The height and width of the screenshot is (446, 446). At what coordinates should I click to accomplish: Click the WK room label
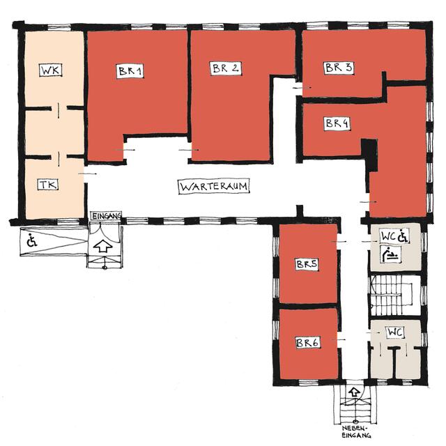(51, 70)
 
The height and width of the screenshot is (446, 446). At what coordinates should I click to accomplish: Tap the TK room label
(48, 185)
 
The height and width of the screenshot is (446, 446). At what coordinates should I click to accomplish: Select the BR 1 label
(130, 71)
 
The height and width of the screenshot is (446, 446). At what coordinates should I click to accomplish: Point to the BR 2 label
(226, 68)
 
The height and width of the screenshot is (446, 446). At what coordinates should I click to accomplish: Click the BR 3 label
(339, 68)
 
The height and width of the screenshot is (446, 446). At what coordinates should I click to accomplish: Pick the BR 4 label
(337, 123)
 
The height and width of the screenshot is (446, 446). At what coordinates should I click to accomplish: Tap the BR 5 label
(307, 264)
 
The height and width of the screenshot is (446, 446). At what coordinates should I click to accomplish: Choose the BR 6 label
(307, 343)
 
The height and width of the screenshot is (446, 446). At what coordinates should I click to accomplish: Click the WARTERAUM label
(214, 187)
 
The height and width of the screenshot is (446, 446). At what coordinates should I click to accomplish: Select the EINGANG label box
(106, 216)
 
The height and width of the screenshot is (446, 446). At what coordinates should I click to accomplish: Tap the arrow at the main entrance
(102, 246)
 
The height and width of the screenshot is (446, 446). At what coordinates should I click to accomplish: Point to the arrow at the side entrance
(354, 392)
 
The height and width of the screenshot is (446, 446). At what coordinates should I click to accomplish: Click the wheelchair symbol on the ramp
(32, 240)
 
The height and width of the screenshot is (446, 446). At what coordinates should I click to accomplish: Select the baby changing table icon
(392, 254)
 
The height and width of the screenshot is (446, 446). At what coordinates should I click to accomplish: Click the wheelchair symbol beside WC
(403, 236)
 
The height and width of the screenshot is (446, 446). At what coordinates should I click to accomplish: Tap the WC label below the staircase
(395, 332)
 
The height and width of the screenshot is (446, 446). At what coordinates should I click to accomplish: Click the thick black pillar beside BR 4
(369, 155)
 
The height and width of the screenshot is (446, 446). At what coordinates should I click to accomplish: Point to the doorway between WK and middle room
(59, 109)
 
